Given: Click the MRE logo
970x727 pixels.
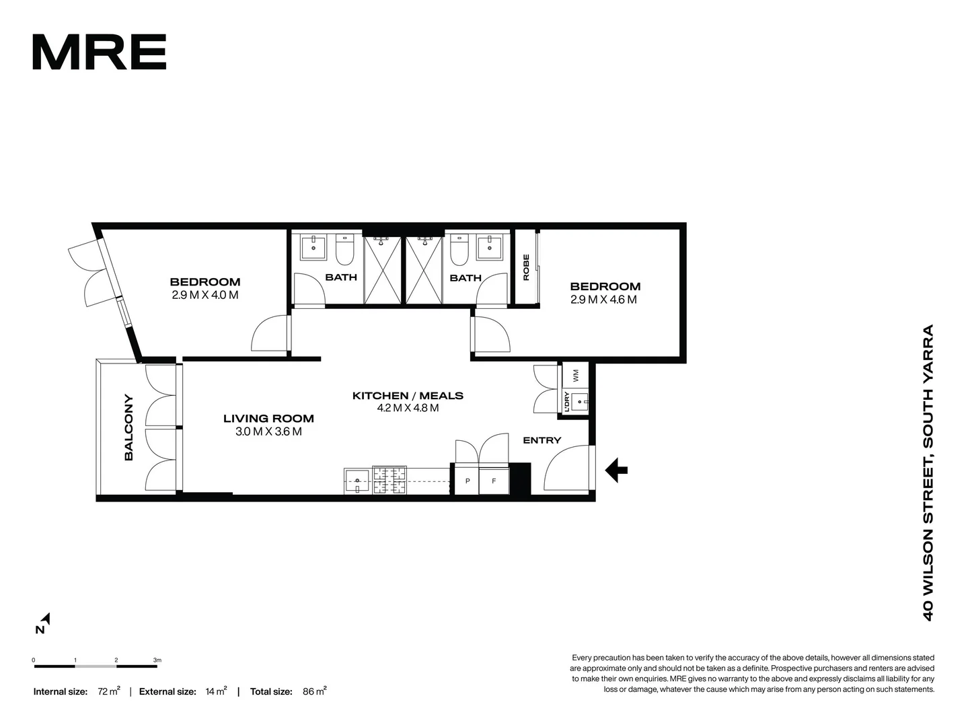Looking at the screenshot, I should click(99, 52).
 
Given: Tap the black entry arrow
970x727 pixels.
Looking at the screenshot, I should click(616, 470).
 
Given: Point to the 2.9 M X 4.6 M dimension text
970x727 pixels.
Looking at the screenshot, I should click(603, 300).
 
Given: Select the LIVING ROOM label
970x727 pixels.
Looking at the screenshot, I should click(268, 419).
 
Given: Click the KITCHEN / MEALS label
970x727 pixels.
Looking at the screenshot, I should click(408, 396).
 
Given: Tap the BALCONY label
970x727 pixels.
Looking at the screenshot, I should click(128, 427).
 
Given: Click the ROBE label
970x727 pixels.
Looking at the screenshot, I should click(526, 267).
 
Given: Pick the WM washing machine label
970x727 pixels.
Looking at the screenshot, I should click(575, 374).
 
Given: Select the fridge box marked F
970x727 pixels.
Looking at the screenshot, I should click(494, 481).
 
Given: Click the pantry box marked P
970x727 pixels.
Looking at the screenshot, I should click(468, 481).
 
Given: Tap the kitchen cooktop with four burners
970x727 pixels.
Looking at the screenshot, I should click(390, 481).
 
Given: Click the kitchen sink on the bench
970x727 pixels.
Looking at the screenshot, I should click(357, 481).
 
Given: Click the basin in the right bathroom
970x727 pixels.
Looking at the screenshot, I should click(489, 248).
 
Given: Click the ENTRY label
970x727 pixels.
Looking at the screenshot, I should click(542, 440).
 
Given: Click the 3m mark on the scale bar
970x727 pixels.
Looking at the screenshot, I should click(157, 660).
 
